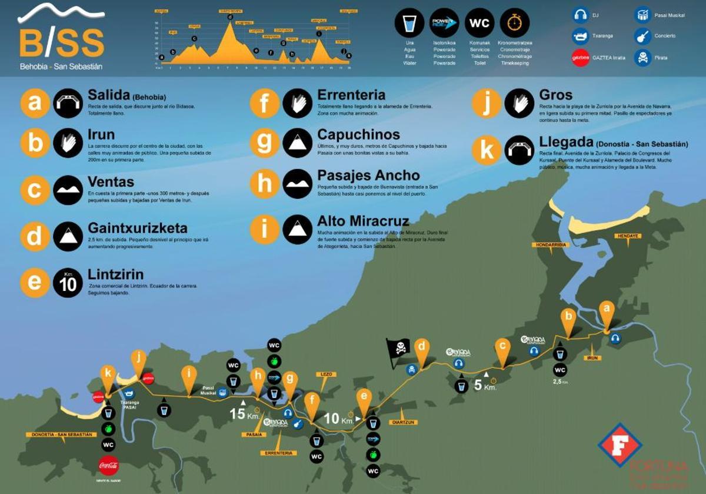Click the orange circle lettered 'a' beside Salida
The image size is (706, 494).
35,103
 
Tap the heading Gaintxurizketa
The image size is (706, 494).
138,228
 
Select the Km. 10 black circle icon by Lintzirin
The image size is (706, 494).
67,283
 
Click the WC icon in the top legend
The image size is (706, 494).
480,24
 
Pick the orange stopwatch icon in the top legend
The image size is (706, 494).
514,24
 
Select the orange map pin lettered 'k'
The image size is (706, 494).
108,374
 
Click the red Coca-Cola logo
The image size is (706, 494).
108,465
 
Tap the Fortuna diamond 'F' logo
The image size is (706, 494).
620,445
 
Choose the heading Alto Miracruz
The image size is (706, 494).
363,221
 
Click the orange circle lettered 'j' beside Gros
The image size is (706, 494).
487,103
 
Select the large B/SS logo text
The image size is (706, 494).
62,43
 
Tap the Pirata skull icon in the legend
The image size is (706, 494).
642,58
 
